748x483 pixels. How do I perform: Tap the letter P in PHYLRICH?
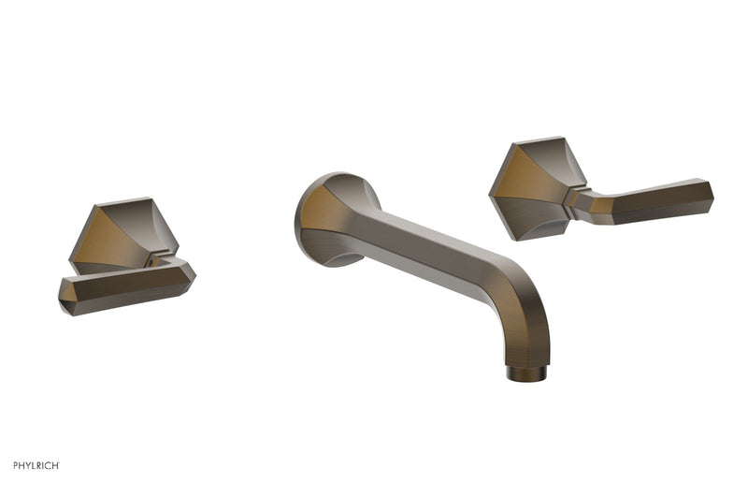pyautogui.click(x=16, y=464)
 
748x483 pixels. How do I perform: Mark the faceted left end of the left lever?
pyautogui.click(x=67, y=298)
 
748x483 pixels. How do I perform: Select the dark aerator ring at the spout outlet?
pyautogui.click(x=524, y=374)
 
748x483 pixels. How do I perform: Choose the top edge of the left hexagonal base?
pyautogui.click(x=122, y=200)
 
